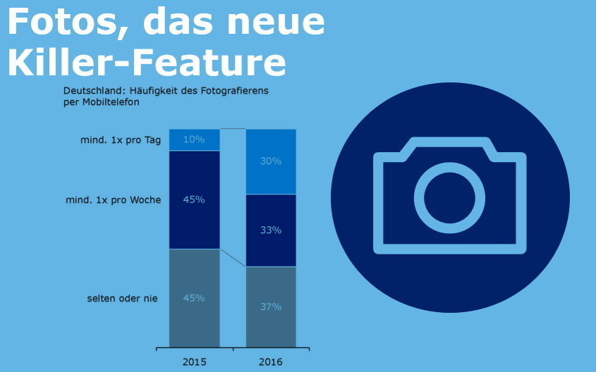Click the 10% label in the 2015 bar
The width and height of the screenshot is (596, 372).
pyautogui.click(x=194, y=139)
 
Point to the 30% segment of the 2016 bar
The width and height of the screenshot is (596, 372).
pyautogui.click(x=271, y=161)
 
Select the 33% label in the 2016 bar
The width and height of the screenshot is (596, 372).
pyautogui.click(x=271, y=230)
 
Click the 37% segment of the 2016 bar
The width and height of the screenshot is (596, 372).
pyautogui.click(x=271, y=306)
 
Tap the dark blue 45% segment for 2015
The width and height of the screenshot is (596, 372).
pyautogui.click(x=194, y=199)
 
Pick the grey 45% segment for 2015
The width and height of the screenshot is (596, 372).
pyautogui.click(x=194, y=298)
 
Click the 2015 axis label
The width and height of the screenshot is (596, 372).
pyautogui.click(x=194, y=361)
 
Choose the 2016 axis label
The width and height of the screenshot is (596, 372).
pyautogui.click(x=271, y=361)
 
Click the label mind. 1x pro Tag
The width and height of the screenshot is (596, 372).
pyautogui.click(x=121, y=140)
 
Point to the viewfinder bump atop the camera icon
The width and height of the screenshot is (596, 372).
pyautogui.click(x=449, y=145)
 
